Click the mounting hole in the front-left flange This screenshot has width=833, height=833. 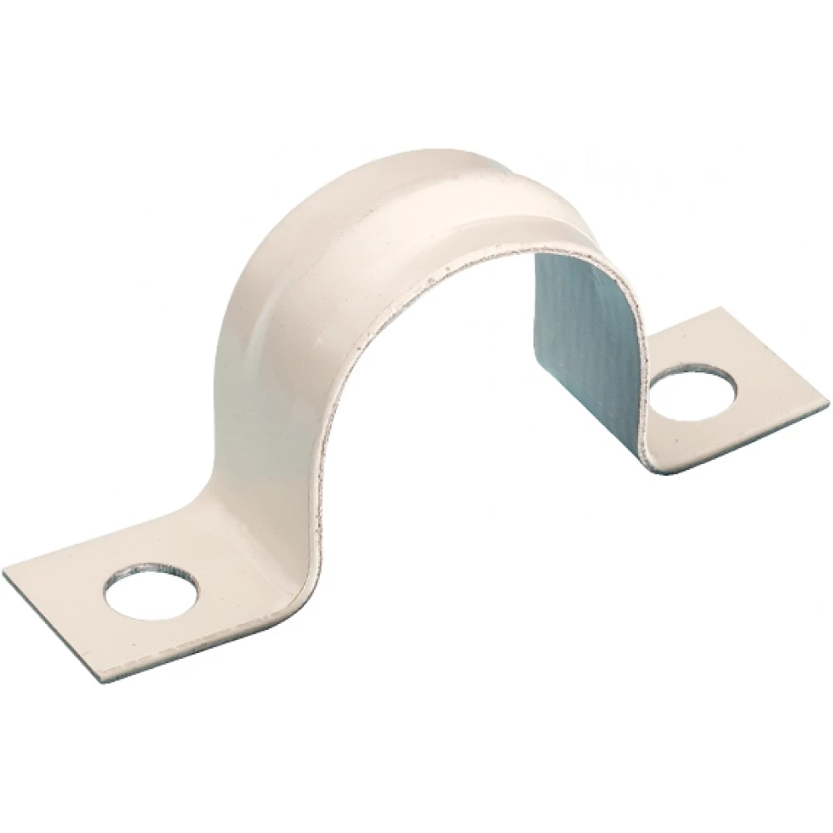[152, 591]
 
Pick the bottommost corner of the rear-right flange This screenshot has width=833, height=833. [666, 472]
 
